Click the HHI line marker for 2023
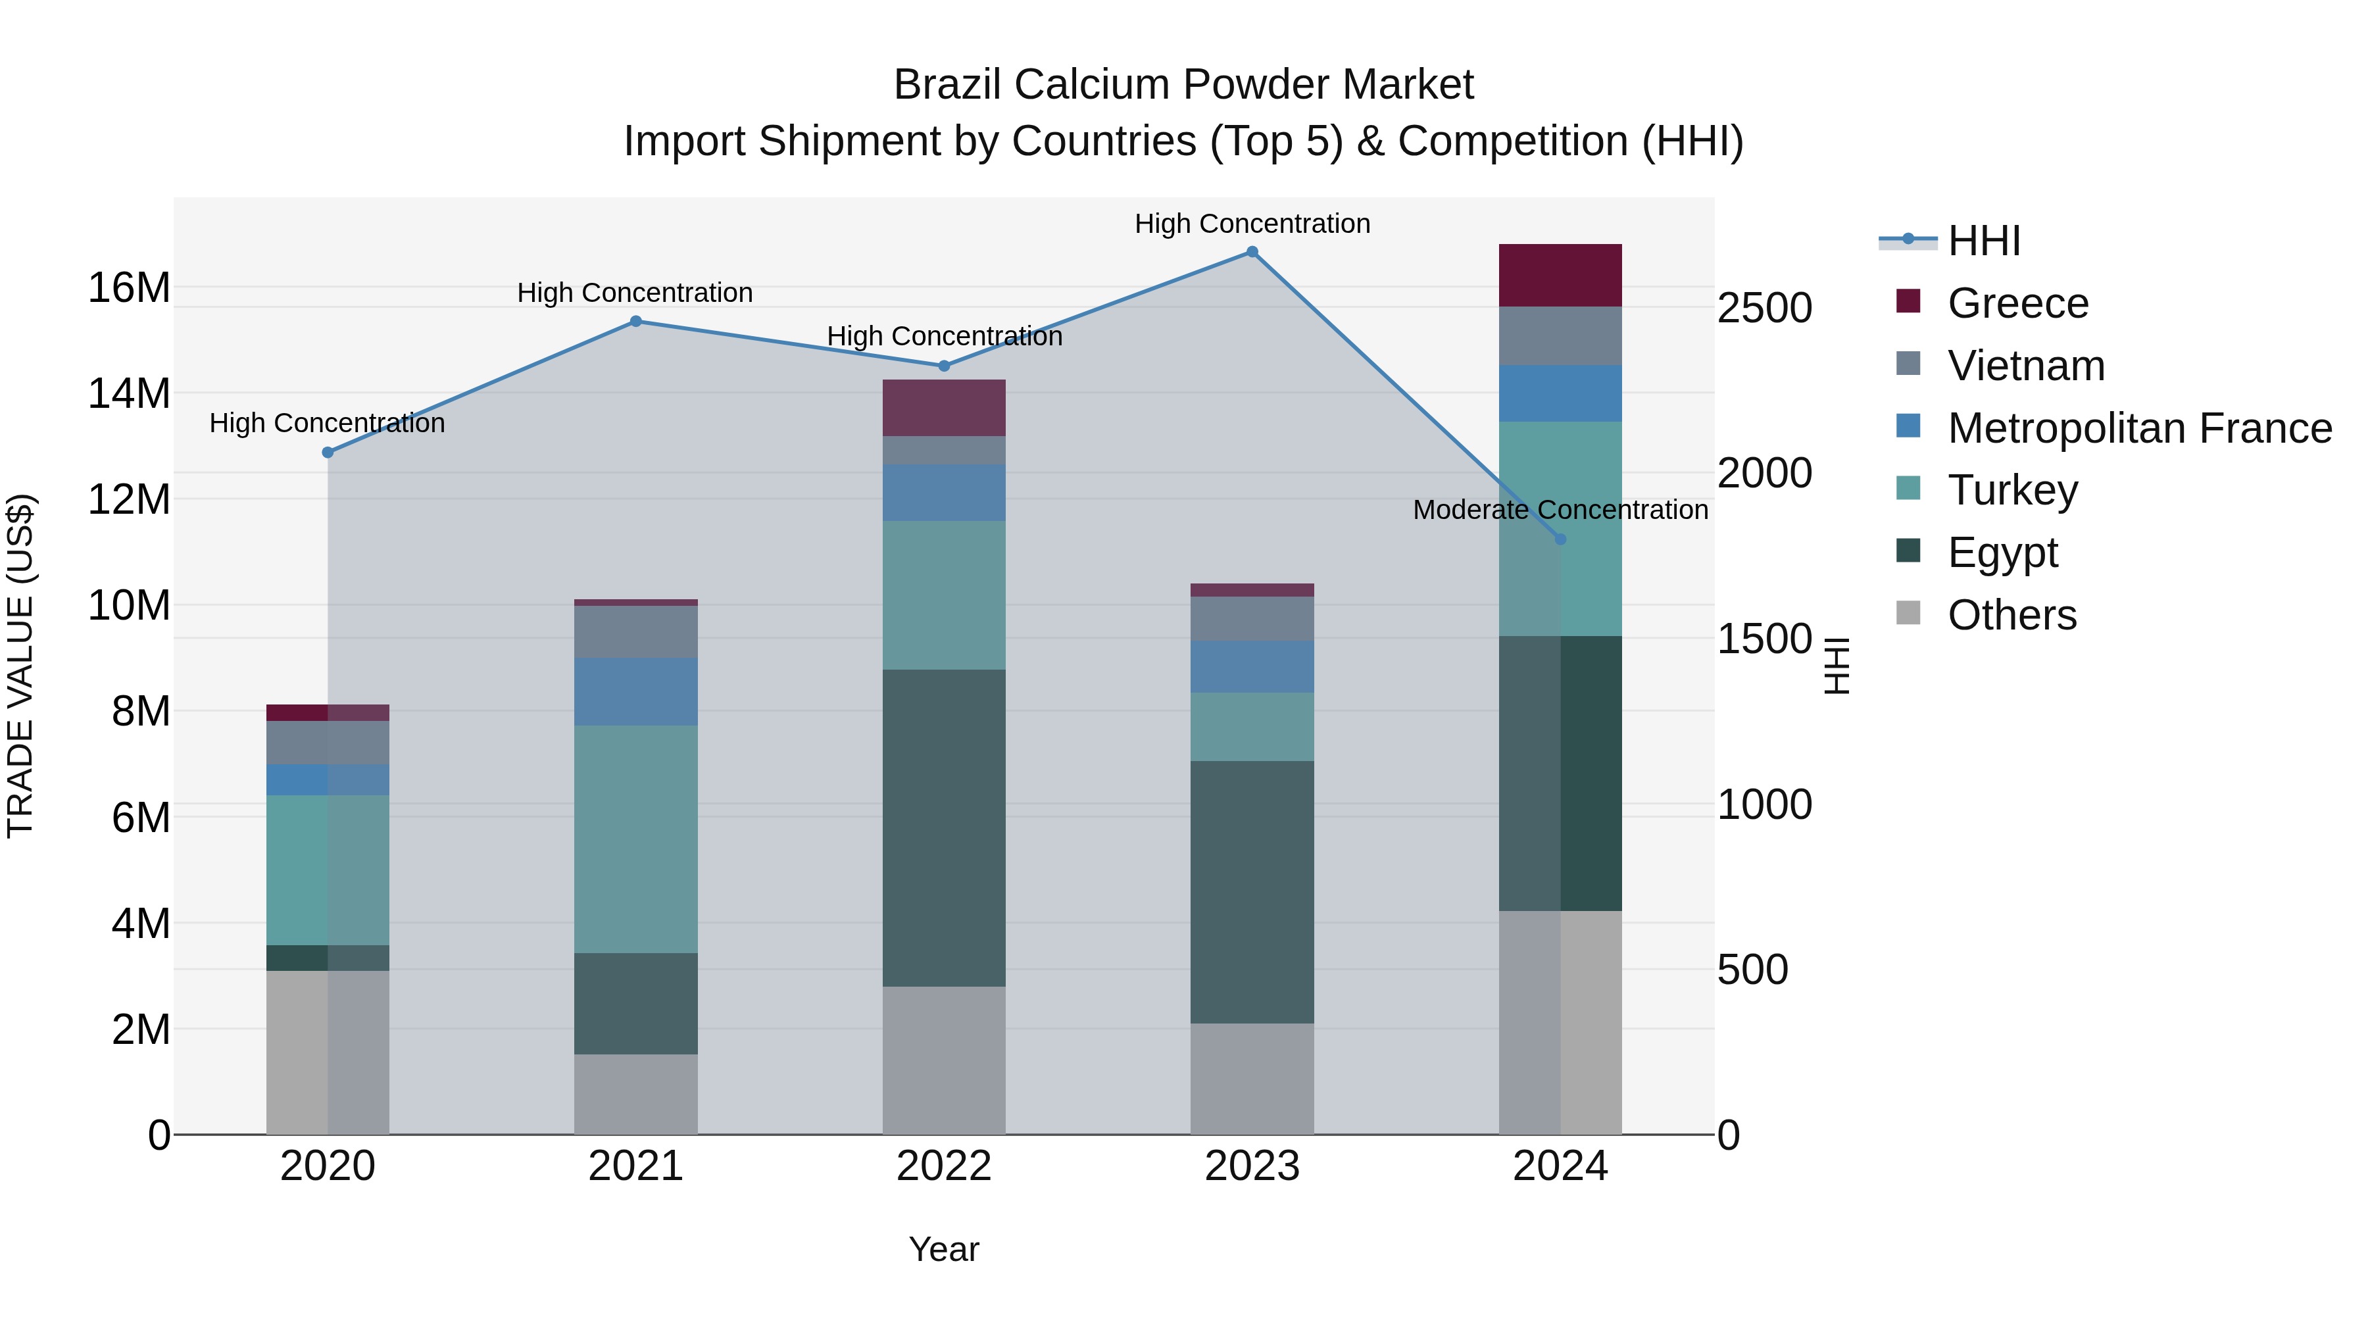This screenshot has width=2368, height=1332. [1252, 251]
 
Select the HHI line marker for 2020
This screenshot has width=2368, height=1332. [328, 453]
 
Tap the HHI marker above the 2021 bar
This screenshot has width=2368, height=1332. [635, 321]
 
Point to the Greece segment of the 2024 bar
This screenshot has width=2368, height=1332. [1560, 275]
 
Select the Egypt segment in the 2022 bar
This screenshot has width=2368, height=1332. [943, 827]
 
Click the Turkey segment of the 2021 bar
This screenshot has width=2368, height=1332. [635, 839]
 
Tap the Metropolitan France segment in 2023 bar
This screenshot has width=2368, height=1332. [1252, 666]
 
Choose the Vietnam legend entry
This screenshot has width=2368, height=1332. [2025, 366]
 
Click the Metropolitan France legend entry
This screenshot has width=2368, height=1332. [2139, 428]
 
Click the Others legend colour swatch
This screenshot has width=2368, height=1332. [1908, 613]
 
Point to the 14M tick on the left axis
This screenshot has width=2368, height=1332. [129, 393]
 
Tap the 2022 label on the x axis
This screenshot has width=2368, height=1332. [943, 1166]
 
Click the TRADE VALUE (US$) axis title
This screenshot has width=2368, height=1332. [20, 666]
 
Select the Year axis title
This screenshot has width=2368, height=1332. [943, 1249]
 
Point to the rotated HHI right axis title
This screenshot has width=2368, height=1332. [1837, 666]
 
